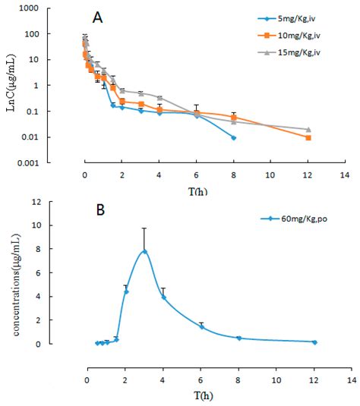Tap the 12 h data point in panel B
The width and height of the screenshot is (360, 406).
point(314,342)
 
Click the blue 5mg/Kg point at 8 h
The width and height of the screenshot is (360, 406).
point(233,137)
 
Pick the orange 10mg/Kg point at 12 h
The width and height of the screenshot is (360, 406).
point(308,137)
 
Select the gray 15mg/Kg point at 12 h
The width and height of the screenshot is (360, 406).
point(308,130)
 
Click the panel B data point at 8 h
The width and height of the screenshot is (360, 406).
point(238,338)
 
